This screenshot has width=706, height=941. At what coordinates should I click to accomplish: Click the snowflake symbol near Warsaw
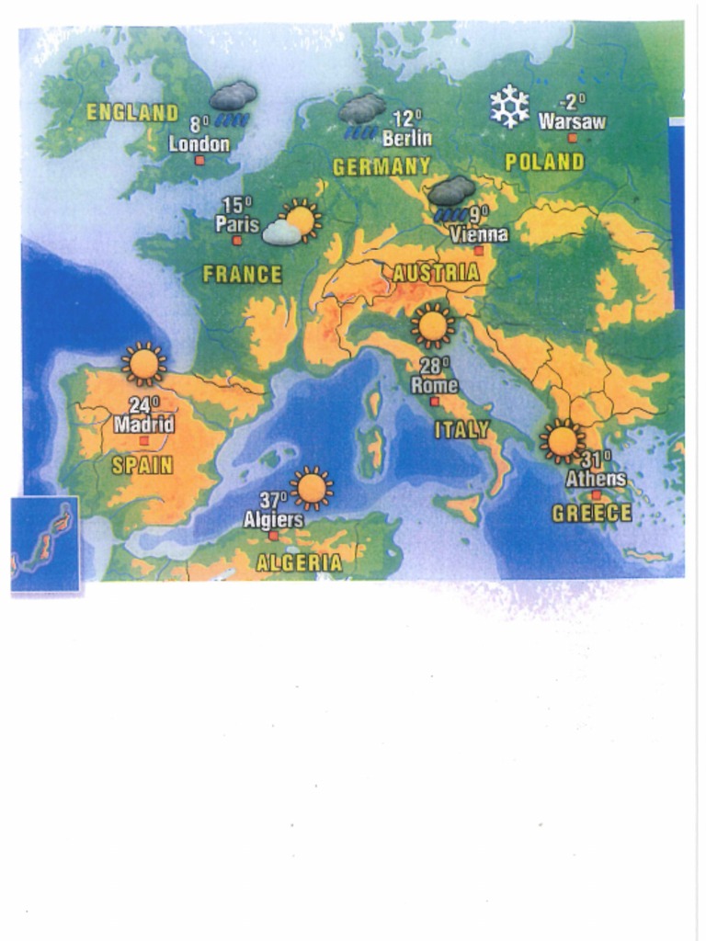coord(508,106)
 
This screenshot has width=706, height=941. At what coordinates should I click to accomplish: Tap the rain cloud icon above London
coord(233,102)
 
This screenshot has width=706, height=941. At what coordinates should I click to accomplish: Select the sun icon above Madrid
coord(143,364)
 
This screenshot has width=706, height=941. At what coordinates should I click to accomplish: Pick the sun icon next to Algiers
coord(312,487)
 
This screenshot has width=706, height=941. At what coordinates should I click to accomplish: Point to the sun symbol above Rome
coord(432,325)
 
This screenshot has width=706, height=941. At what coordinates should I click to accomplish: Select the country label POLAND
coord(544,163)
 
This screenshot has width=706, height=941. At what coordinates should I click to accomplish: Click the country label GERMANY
coord(381,167)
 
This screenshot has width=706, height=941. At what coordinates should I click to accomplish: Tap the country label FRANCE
coord(242,274)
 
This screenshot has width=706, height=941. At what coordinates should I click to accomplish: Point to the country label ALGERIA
coord(299,562)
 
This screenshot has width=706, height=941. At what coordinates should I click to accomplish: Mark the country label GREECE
coord(591,514)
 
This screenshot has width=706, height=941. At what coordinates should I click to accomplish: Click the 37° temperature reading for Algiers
coord(273,500)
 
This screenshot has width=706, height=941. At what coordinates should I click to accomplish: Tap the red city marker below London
coord(199,161)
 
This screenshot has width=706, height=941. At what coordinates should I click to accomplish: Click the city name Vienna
coord(478,234)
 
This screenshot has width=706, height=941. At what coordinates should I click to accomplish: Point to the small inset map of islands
coord(45,544)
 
